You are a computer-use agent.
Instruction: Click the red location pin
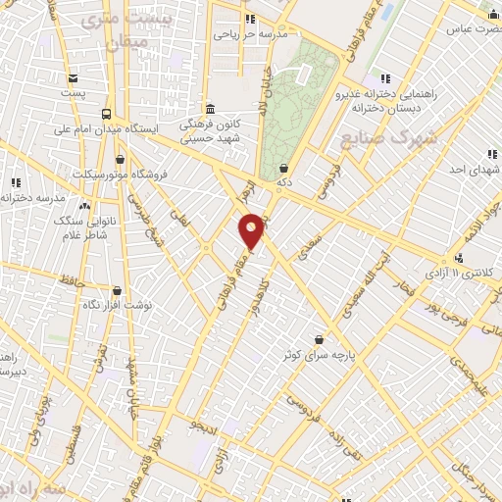pyautogui.click(x=252, y=229)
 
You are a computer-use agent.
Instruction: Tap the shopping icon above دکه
pyautogui.click(x=283, y=168)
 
